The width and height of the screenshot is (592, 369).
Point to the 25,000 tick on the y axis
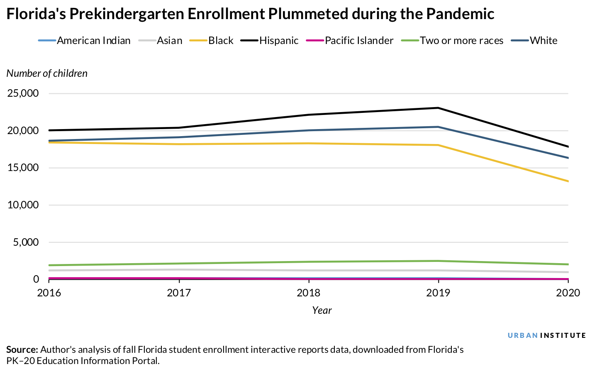23,93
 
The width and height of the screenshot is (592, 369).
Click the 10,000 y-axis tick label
23,205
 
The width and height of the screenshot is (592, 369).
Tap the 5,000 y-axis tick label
26,242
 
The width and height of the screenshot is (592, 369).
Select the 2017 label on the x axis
179,293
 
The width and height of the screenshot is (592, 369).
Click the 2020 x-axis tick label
568,293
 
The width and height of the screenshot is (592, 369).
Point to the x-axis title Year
322,310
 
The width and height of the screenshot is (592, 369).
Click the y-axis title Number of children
47,73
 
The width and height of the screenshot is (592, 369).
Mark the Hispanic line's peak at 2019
439,108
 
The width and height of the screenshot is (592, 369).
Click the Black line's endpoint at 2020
568,181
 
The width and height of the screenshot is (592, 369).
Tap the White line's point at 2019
439,127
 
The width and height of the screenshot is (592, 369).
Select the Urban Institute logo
547,335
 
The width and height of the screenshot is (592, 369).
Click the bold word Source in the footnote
22,349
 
